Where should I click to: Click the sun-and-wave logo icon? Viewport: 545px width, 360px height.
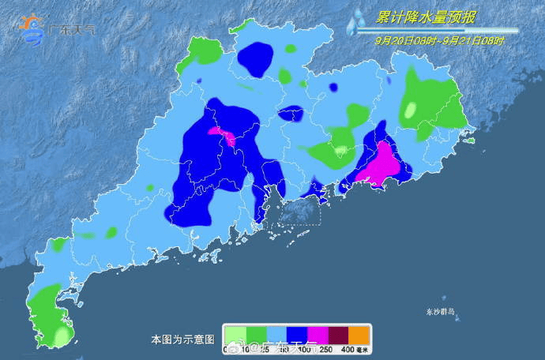(32, 29)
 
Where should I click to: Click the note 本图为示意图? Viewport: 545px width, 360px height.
(182, 339)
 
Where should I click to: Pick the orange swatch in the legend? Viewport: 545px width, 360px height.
(359, 335)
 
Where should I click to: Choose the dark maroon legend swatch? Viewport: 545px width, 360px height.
(337, 335)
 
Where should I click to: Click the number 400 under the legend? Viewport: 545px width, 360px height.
(348, 348)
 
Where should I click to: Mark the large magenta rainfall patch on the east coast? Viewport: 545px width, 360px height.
(382, 161)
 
